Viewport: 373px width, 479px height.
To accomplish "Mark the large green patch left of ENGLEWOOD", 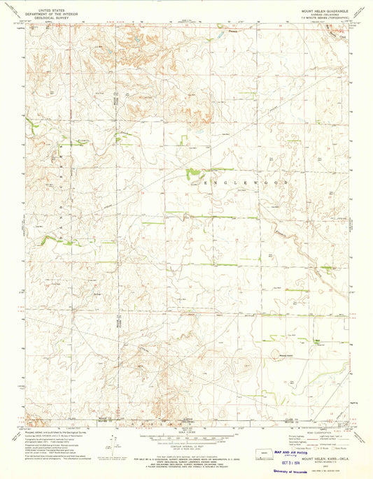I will pos(190,172).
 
